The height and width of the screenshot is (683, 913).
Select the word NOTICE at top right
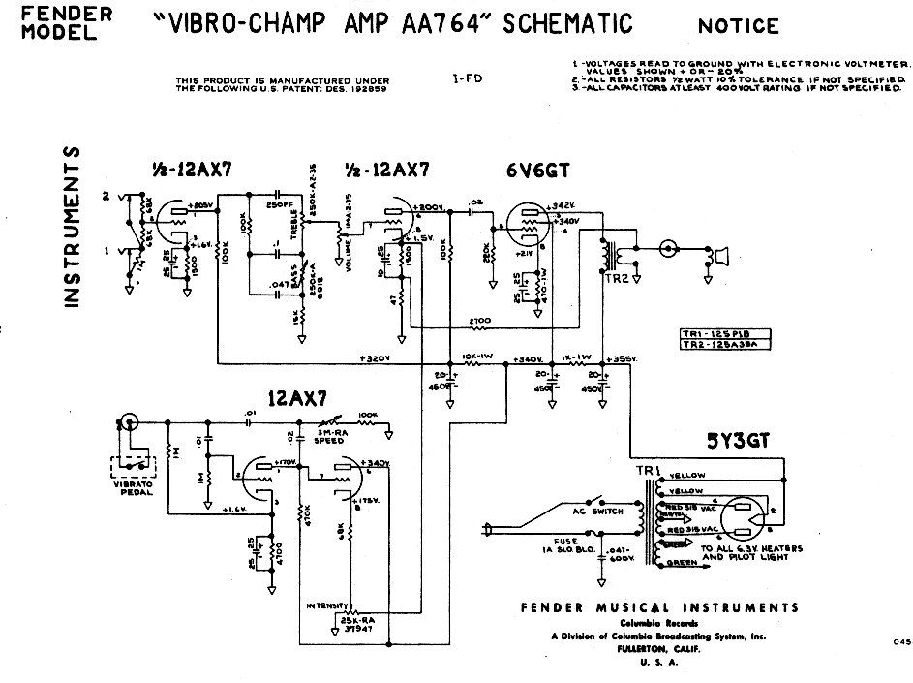737,24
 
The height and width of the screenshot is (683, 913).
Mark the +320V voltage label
374,358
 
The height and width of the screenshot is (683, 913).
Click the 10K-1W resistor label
479,356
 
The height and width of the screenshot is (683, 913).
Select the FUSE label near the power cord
568,541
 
